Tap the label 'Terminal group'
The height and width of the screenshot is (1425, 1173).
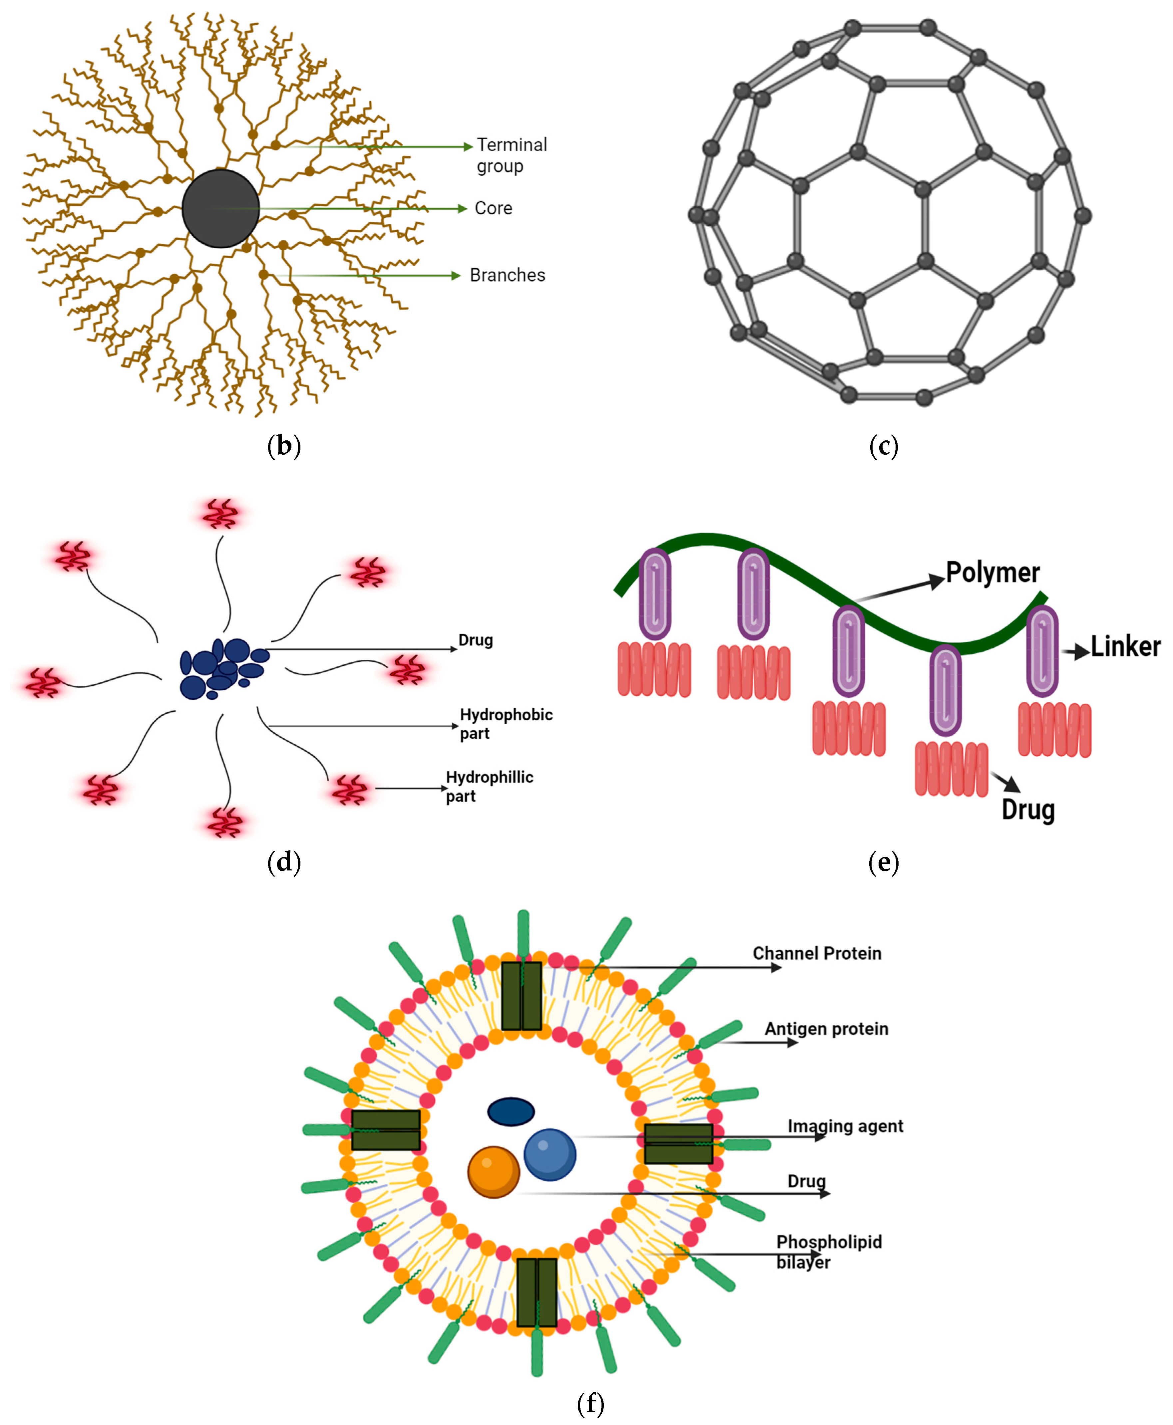(512, 155)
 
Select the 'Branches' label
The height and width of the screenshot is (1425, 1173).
(508, 275)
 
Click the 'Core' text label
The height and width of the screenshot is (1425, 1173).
(493, 208)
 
